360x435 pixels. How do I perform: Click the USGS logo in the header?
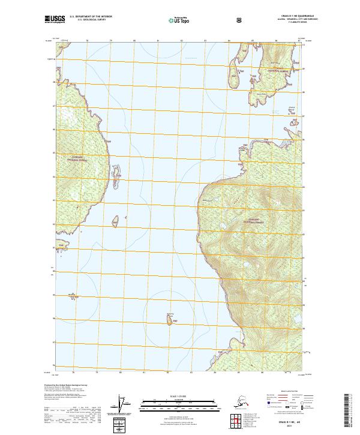54,19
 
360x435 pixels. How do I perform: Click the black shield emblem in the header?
239,19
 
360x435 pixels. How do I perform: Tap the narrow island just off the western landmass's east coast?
118,170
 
